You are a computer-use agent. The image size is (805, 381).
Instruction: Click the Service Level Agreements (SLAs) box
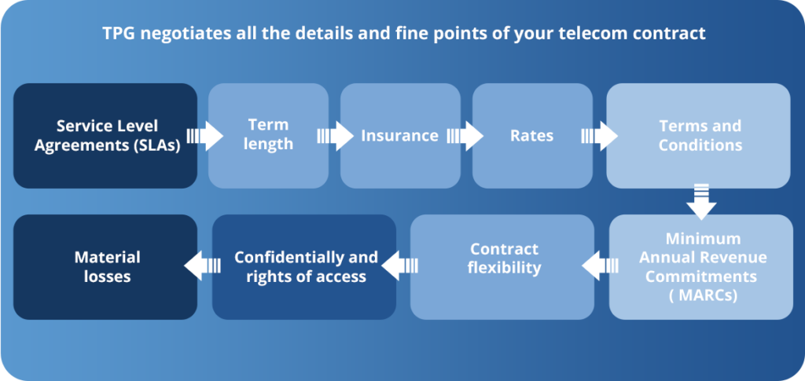(x=105, y=136)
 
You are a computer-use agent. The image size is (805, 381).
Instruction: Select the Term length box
(x=268, y=136)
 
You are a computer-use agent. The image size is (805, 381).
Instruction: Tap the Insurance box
(x=400, y=136)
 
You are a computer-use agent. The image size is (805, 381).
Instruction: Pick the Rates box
(x=532, y=136)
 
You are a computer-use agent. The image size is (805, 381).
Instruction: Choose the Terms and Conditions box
(x=698, y=136)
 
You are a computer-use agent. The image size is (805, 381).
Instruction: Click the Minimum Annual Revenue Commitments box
(x=701, y=267)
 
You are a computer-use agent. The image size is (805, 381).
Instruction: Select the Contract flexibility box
(x=502, y=267)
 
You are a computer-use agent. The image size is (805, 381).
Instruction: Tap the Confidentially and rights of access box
(x=304, y=267)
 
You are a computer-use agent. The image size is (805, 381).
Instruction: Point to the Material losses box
(x=105, y=267)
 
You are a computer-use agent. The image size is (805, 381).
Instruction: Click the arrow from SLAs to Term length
(x=205, y=136)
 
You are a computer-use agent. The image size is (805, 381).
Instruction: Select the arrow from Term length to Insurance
(x=336, y=136)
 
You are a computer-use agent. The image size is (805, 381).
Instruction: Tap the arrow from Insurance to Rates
(x=465, y=136)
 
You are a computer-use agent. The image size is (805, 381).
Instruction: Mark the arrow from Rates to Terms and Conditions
(x=600, y=136)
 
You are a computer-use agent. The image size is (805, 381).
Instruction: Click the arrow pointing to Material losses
(x=202, y=266)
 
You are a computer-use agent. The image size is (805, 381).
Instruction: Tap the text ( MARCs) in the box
(x=701, y=296)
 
